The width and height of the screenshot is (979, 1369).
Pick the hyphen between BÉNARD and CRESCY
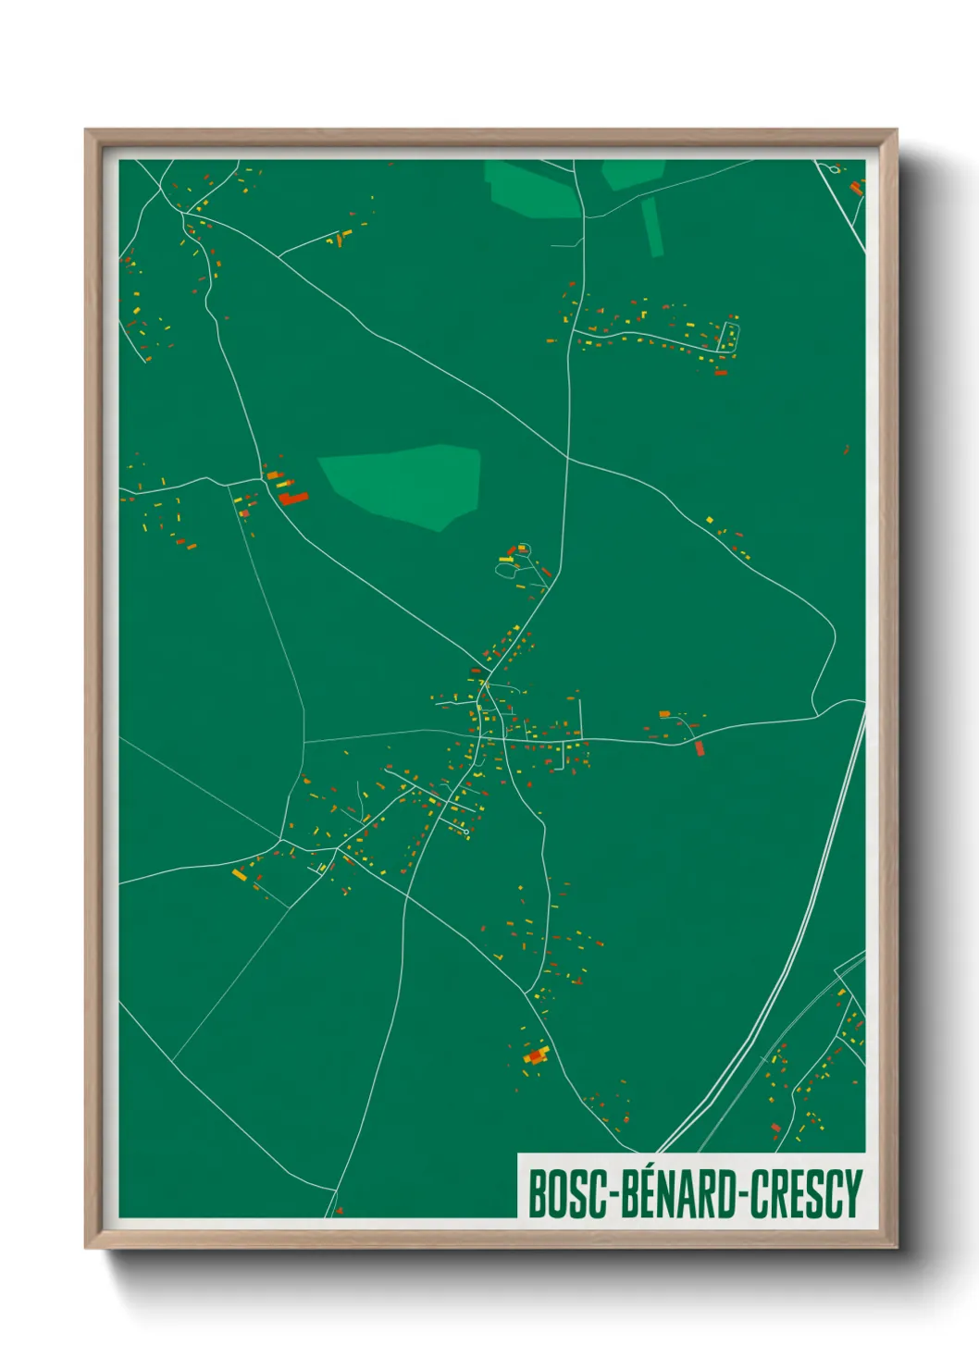pyautogui.click(x=742, y=1195)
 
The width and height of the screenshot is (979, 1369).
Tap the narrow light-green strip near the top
pyautogui.click(x=652, y=226)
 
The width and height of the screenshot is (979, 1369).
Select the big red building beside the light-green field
pyautogui.click(x=293, y=499)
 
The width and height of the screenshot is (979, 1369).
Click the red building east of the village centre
pyautogui.click(x=700, y=747)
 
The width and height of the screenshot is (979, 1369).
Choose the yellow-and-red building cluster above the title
pyautogui.click(x=536, y=1055)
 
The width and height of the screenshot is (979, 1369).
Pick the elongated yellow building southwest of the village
pyautogui.click(x=239, y=873)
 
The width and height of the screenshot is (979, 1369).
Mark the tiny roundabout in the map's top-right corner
pyautogui.click(x=836, y=169)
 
